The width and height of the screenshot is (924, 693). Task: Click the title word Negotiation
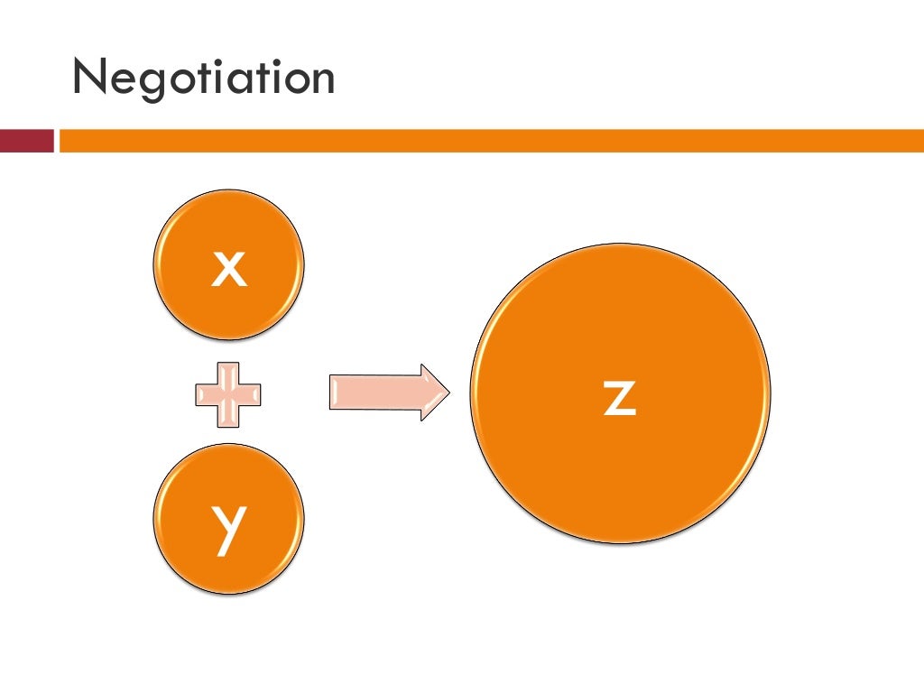(204, 78)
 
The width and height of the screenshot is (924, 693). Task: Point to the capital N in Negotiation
(88, 76)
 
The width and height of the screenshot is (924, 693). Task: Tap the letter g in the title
(152, 84)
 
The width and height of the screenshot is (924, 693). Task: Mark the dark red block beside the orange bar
(26, 141)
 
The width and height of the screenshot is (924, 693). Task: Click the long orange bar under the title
(492, 141)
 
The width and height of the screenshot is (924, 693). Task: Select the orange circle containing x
(228, 264)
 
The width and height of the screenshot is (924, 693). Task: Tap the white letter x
(229, 269)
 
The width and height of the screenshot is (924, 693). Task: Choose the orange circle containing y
(228, 519)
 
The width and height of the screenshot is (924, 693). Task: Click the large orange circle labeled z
(621, 393)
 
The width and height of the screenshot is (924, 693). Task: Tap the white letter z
(620, 398)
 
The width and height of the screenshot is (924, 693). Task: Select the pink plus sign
(228, 395)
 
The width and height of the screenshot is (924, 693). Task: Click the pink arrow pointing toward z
(390, 393)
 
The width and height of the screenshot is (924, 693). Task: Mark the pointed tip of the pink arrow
(449, 393)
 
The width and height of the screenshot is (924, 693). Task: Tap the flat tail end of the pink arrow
(330, 393)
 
